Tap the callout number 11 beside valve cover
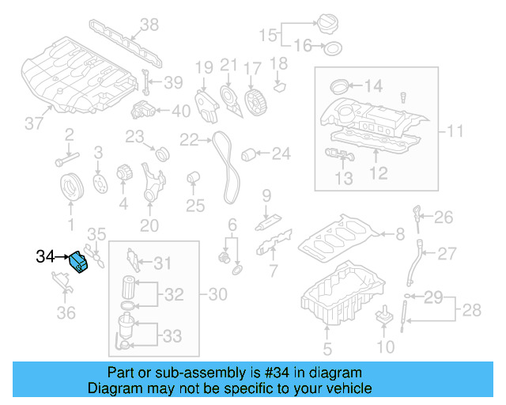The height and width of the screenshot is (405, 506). click(x=455, y=130)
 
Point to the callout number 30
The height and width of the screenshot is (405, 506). click(x=217, y=294)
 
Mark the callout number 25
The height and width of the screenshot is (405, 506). click(x=194, y=206)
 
